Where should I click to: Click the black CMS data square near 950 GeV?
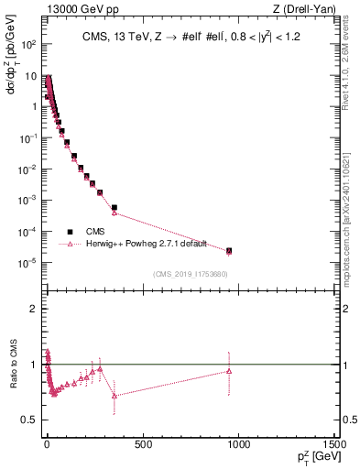[x=229, y=250]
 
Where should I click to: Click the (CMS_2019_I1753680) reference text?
[x=191, y=274]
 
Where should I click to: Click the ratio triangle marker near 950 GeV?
[x=229, y=371]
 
